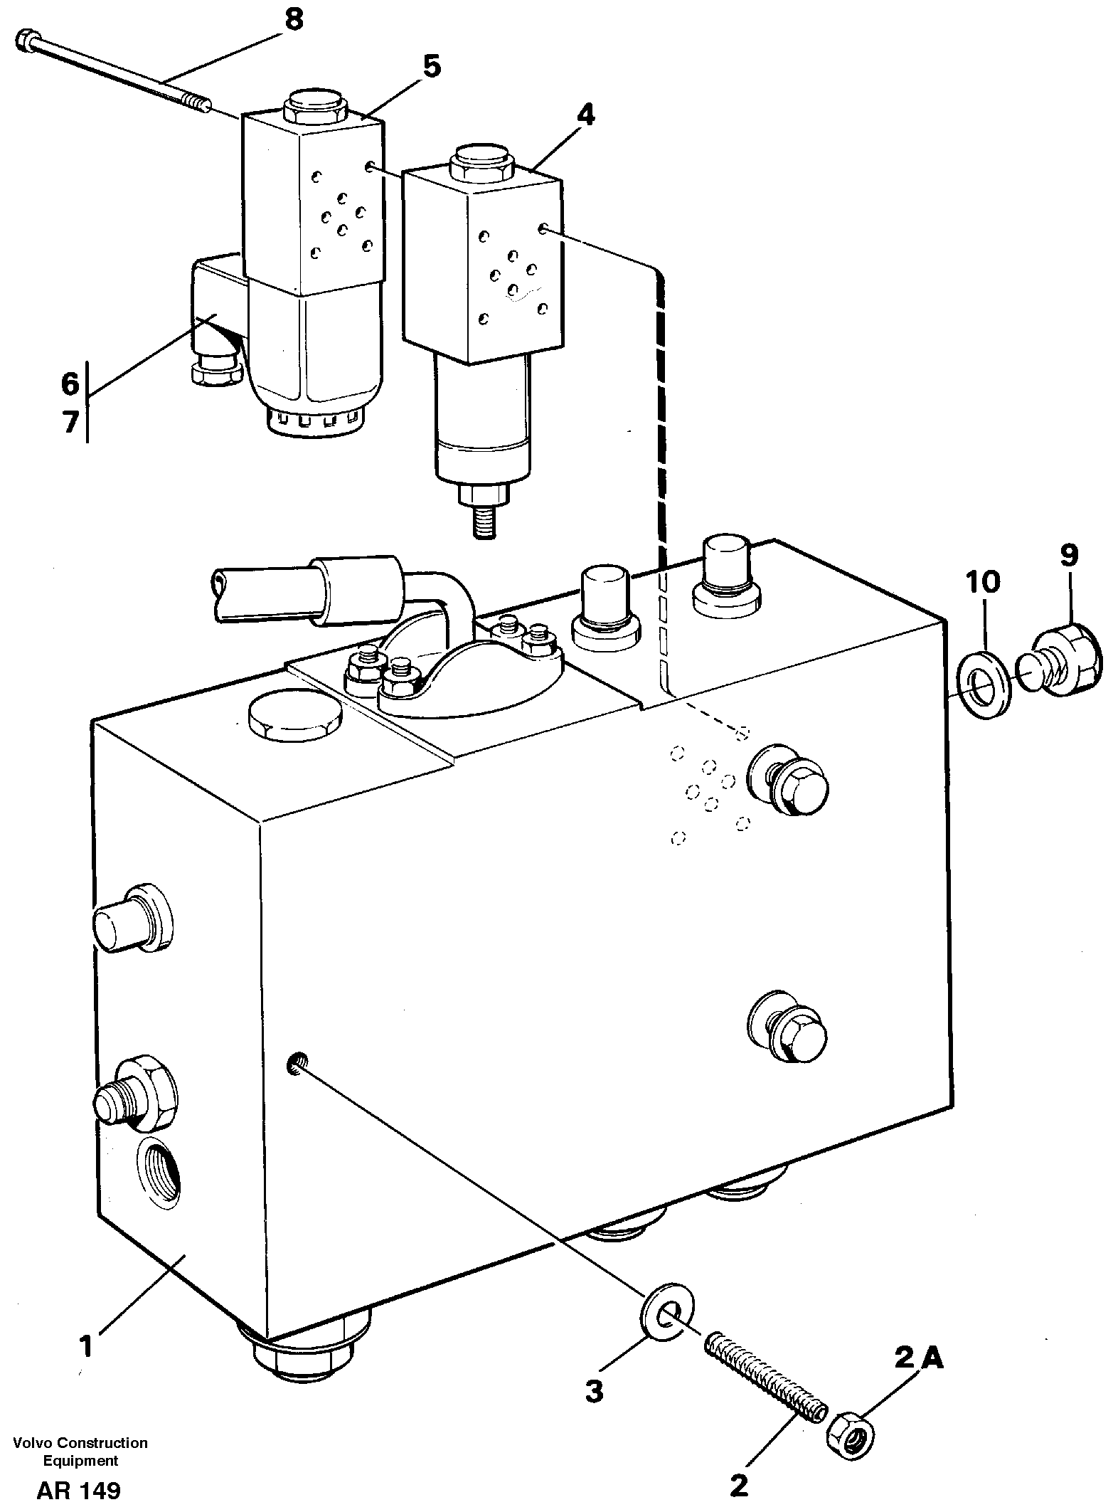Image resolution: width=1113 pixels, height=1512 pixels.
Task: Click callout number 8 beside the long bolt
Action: pos(294,20)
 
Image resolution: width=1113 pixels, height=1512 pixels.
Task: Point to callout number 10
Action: pos(984,582)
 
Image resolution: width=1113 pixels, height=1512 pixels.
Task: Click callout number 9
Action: pos(1070,555)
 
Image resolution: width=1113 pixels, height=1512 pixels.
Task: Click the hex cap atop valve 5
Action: pos(314,106)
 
